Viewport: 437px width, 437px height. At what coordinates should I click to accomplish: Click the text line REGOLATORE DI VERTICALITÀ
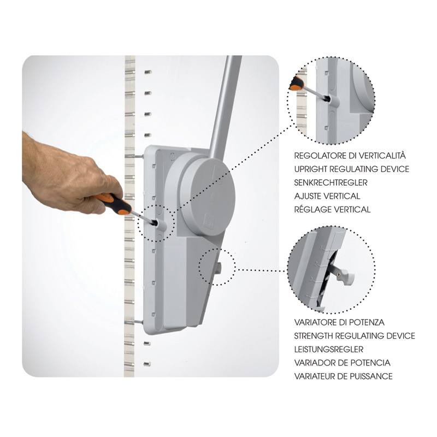(x=350, y=155)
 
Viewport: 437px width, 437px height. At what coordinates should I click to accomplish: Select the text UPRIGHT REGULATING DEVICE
(x=351, y=169)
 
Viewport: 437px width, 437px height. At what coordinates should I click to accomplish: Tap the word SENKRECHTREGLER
(x=331, y=182)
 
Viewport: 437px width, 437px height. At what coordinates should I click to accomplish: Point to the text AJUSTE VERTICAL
(x=327, y=196)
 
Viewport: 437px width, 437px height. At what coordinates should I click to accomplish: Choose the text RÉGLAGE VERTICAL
(x=332, y=209)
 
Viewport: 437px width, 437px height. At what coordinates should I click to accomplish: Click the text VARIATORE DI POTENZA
(x=339, y=322)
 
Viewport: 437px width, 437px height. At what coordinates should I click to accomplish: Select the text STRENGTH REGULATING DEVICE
(x=355, y=336)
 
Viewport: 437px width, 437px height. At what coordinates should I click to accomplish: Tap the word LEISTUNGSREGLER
(x=329, y=349)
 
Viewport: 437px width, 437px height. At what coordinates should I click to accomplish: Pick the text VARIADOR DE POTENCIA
(x=342, y=363)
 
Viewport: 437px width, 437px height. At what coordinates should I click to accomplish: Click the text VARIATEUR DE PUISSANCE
(x=344, y=376)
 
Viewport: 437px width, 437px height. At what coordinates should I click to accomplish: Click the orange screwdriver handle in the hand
(x=114, y=203)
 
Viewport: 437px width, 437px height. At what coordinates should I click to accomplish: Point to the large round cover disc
(x=208, y=197)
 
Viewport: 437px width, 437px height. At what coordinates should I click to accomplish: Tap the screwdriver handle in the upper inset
(x=297, y=82)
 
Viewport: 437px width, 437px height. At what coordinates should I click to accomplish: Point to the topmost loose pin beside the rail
(x=147, y=72)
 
